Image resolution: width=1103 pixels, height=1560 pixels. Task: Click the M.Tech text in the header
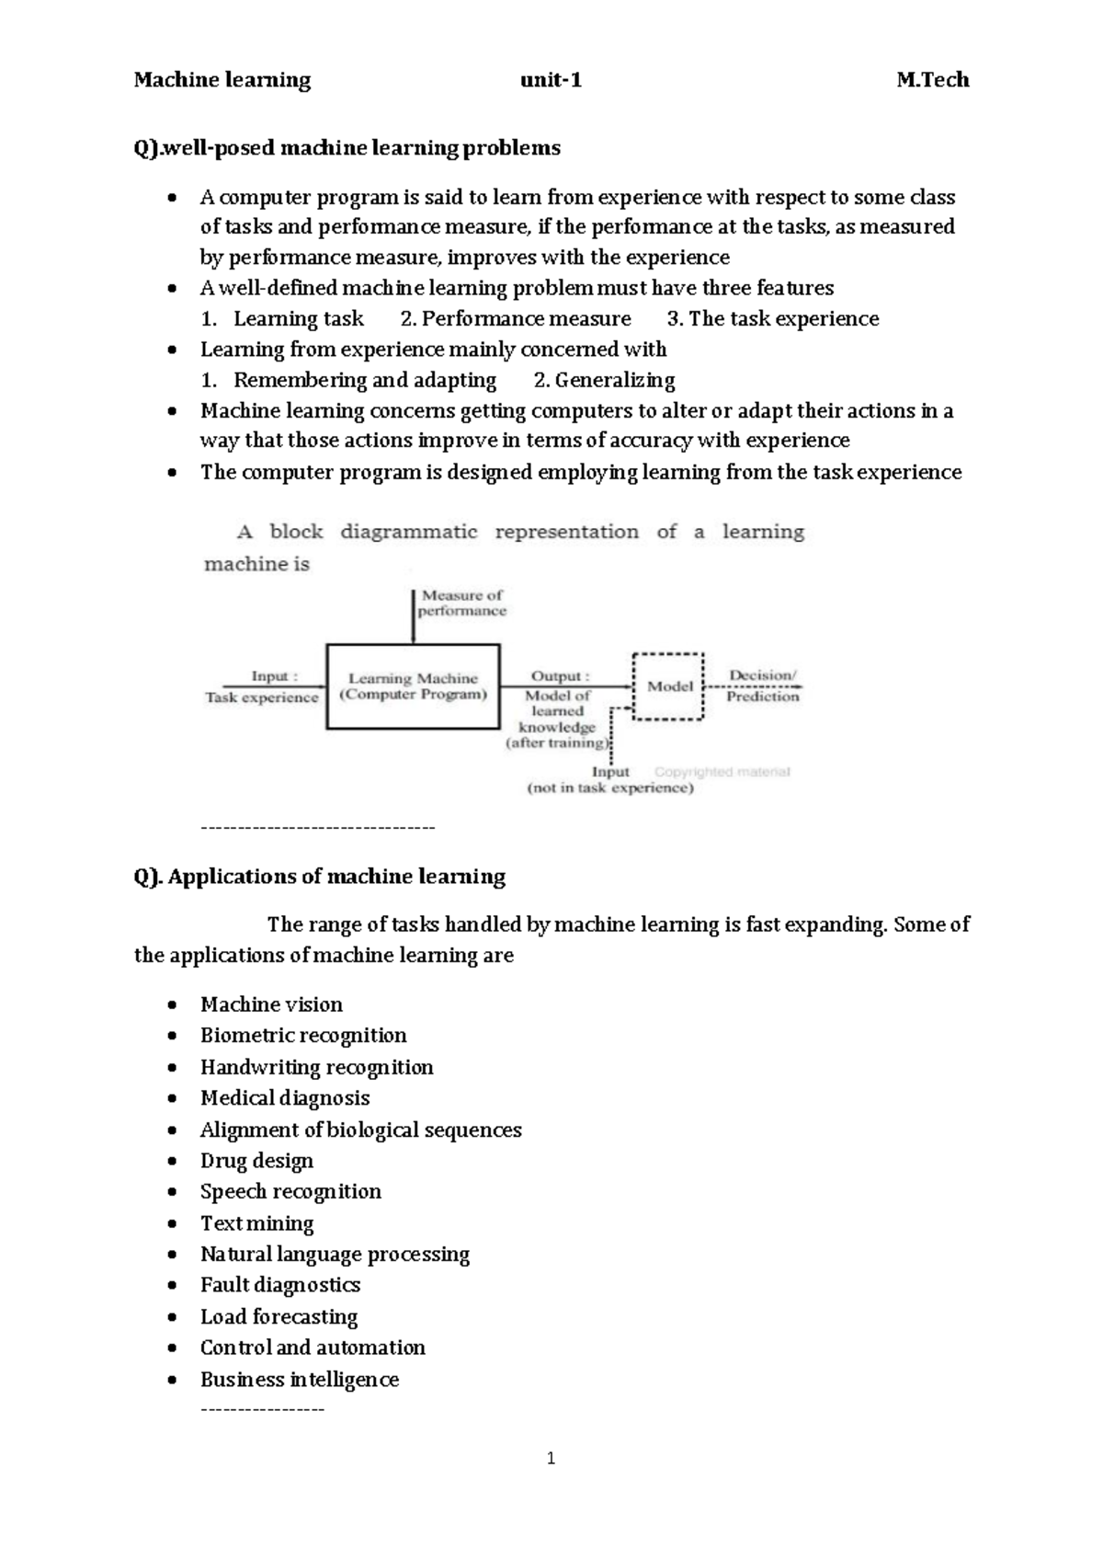(x=932, y=80)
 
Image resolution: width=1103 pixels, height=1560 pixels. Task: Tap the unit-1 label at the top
(x=551, y=80)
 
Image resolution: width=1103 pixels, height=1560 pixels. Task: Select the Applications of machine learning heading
(x=320, y=877)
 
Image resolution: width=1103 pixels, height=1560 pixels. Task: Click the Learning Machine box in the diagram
(x=414, y=686)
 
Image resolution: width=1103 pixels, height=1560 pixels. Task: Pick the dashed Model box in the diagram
(x=669, y=686)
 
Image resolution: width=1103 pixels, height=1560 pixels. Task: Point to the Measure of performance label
(x=462, y=603)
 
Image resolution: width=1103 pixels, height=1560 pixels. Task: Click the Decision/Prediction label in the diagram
(x=762, y=686)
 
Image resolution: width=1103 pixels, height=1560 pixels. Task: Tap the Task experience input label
(x=262, y=697)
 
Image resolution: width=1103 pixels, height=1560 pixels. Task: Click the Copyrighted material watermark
(x=722, y=772)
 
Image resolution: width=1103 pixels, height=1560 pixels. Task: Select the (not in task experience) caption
(x=610, y=788)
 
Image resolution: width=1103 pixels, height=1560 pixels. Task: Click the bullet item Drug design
(x=256, y=1161)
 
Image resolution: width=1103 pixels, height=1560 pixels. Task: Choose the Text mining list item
(x=256, y=1223)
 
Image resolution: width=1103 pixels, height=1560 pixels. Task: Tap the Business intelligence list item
(x=300, y=1380)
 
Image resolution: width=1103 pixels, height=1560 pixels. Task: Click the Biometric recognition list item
(x=303, y=1036)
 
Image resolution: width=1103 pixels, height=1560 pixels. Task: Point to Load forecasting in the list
(x=279, y=1317)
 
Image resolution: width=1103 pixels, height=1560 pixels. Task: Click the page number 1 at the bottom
(x=551, y=1458)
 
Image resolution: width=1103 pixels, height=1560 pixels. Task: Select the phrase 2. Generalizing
(x=604, y=380)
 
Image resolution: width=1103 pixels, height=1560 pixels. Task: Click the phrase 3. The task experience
(x=772, y=319)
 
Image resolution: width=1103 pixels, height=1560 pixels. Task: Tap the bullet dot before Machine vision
(x=172, y=1005)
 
